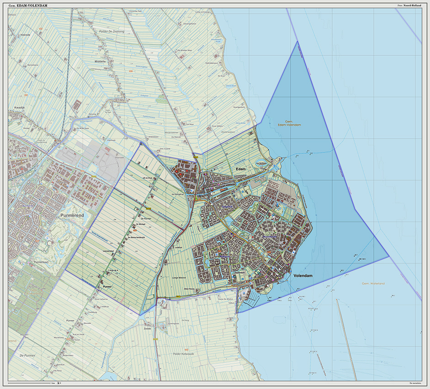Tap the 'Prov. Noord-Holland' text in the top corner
tap(410, 5)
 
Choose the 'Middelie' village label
tap(99, 60)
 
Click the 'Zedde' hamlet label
tap(147, 329)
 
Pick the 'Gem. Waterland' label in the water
tap(373, 284)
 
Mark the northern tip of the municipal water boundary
tap(297, 42)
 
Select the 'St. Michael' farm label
tap(140, 225)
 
